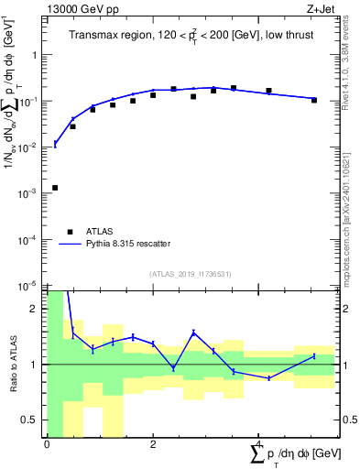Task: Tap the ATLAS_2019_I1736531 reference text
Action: click(x=190, y=274)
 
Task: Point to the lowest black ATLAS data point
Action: click(x=55, y=188)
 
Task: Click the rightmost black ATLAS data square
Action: click(x=314, y=100)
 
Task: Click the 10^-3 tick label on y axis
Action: click(x=30, y=193)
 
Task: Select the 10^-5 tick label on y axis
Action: click(x=30, y=286)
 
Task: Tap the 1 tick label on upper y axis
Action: click(x=36, y=55)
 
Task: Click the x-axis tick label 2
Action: click(x=153, y=444)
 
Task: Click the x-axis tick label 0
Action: click(x=47, y=444)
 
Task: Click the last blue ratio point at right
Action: click(x=314, y=355)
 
